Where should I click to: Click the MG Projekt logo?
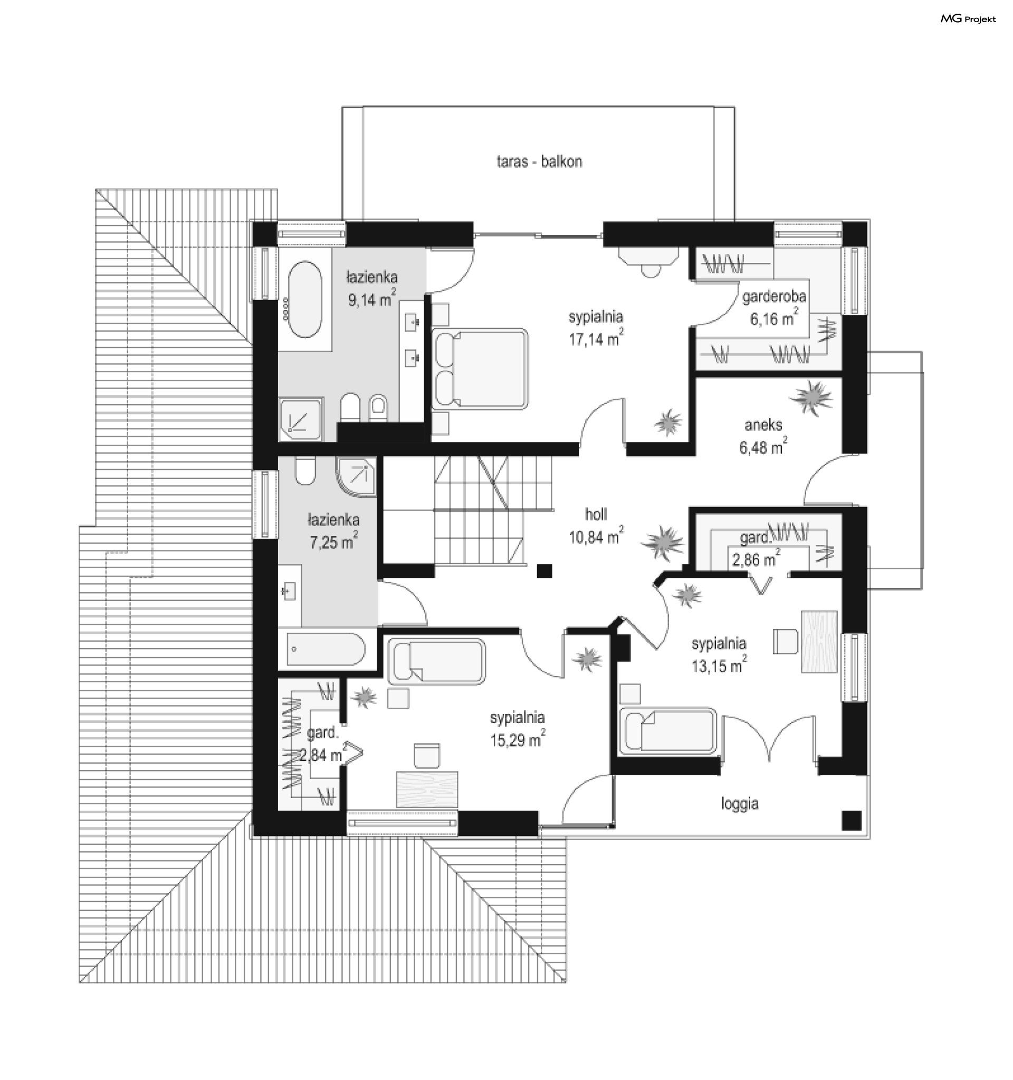tap(968, 19)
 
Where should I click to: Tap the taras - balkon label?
tap(539, 162)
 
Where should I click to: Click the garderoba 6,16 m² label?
tap(774, 307)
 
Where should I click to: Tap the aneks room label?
tap(763, 425)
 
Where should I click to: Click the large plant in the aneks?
tap(811, 397)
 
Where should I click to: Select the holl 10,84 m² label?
tap(596, 525)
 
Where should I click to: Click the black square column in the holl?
tap(544, 571)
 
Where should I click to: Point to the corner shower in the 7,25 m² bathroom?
tap(357, 477)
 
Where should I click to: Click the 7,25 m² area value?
tap(333, 542)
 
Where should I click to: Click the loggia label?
tap(739, 803)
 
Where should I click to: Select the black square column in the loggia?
tap(852, 820)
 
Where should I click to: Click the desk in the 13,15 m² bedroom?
tap(819, 642)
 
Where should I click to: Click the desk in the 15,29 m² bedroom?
tap(427, 790)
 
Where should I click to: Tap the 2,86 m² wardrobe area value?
tap(756, 560)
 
